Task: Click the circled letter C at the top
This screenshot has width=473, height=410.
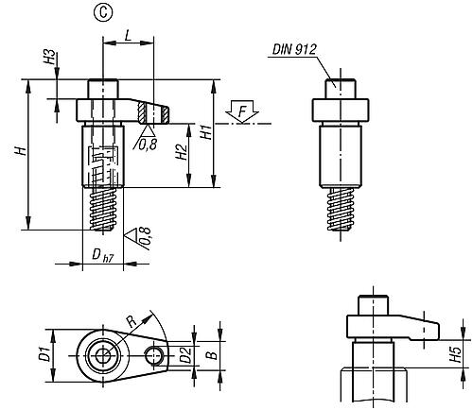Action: [x=103, y=12]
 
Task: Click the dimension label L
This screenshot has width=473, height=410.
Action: [x=128, y=35]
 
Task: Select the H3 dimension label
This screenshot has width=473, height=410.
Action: [x=49, y=58]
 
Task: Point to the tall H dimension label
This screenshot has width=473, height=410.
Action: [x=21, y=151]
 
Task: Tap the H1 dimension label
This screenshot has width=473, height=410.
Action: [x=206, y=132]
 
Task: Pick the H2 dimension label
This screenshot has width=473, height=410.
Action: [x=182, y=153]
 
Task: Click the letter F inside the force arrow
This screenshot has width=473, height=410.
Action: [x=242, y=112]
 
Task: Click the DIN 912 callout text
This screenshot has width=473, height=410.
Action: [x=294, y=49]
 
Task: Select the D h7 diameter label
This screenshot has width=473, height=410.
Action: [x=102, y=255]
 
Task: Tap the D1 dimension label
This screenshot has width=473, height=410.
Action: [x=44, y=355]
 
